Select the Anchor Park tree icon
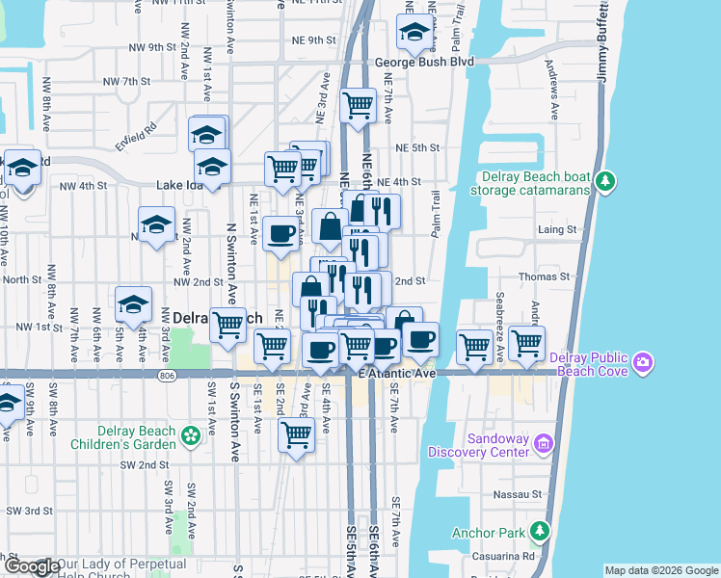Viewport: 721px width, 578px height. pos(541,531)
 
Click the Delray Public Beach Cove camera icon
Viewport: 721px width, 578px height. pos(643,364)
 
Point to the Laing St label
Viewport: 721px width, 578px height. pos(556,229)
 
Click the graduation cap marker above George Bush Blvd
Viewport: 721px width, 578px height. pos(414,33)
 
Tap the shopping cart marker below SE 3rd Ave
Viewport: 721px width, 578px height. pos(296,434)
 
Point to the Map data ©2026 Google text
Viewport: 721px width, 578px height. pos(660,570)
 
